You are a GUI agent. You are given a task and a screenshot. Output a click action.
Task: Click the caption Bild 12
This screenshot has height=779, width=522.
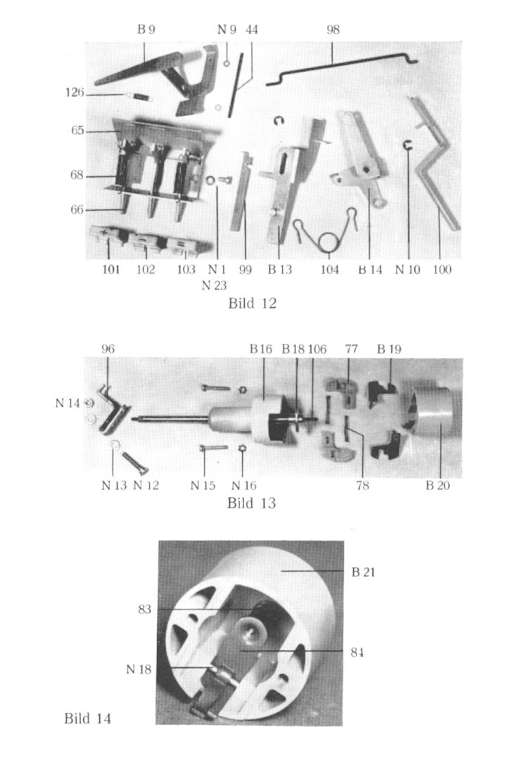coord(252,303)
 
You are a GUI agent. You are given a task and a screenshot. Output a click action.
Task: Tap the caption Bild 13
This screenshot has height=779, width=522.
coord(251,503)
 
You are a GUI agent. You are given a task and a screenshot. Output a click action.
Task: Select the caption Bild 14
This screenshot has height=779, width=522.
coord(87,718)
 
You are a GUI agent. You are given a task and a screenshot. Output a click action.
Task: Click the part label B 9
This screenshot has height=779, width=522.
coord(146,30)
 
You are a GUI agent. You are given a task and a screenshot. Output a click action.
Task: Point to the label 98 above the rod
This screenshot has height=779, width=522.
coord(333,30)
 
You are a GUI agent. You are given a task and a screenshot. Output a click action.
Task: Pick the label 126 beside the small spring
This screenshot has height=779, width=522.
coord(75,92)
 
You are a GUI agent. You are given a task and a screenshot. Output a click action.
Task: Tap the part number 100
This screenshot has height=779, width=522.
coord(442,270)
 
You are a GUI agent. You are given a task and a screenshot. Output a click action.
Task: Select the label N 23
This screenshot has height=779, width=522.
coord(215,285)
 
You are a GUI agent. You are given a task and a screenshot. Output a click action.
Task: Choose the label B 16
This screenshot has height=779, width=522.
coord(261,349)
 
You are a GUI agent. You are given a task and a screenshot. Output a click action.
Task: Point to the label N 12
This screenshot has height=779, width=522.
coord(146,485)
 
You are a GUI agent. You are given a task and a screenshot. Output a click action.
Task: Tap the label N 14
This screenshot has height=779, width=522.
coord(68,403)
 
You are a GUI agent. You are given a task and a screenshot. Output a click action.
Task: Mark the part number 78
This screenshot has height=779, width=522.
coord(363,485)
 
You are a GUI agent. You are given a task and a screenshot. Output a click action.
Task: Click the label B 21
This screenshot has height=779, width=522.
coord(363,572)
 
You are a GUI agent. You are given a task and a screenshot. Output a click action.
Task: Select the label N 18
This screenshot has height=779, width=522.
coord(139,669)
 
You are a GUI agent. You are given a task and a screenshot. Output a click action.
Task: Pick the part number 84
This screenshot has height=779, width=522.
coord(357,652)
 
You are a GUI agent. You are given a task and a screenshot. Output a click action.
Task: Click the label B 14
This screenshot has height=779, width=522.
coord(370,270)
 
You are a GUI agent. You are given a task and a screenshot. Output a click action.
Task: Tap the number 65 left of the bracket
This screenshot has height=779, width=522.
coord(77,131)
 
